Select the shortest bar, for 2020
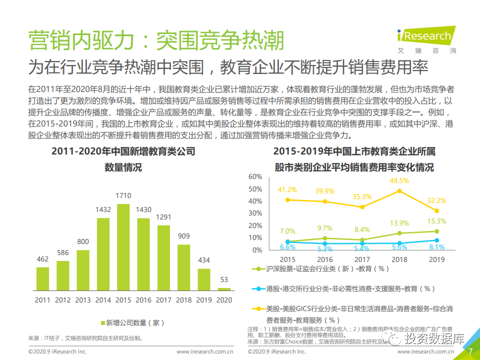pos(224,288)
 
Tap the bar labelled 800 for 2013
pos(83,270)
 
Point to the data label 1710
pos(123,195)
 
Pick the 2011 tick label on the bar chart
pos(42,300)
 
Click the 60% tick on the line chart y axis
pos(255,177)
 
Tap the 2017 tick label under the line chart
pos(362,259)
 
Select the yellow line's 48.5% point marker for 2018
pos(399,191)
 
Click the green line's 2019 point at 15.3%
pos(436,231)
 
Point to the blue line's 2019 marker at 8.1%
pos(436,240)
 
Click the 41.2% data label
pos(287,189)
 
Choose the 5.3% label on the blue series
pos(324,249)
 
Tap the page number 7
pos(470,351)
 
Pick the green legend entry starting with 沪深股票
pos(325,268)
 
